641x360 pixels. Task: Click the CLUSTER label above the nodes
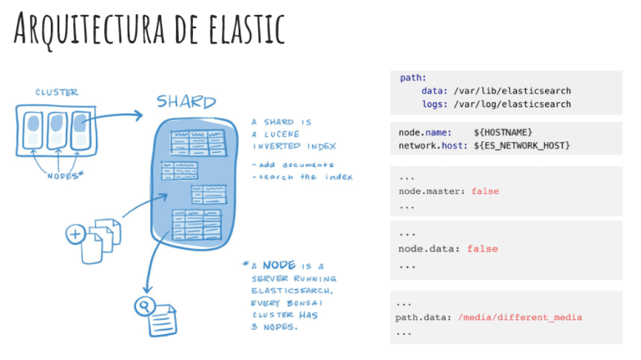(x=56, y=92)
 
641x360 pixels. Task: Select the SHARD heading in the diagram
(x=186, y=102)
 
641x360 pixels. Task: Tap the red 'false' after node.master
(x=485, y=191)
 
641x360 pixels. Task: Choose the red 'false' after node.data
(x=482, y=249)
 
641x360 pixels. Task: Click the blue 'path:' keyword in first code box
(x=413, y=78)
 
